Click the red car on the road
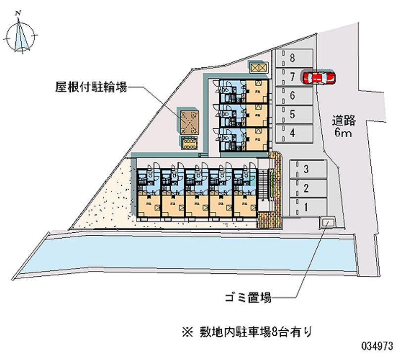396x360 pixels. pos(319,77)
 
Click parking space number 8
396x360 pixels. pos(294,57)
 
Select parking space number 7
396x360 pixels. pos(293,76)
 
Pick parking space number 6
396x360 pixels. pos(294,95)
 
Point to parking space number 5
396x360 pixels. pos(294,114)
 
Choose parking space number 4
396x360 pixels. pos(294,133)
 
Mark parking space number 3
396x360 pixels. pos(307,170)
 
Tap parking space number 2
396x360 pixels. pos(307,188)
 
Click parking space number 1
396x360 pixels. pos(307,207)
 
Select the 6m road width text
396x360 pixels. pos(344,133)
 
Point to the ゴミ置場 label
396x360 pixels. pos(247,298)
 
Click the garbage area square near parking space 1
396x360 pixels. pos(327,223)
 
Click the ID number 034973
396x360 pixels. pos(377,345)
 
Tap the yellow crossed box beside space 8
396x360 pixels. pos(258,68)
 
